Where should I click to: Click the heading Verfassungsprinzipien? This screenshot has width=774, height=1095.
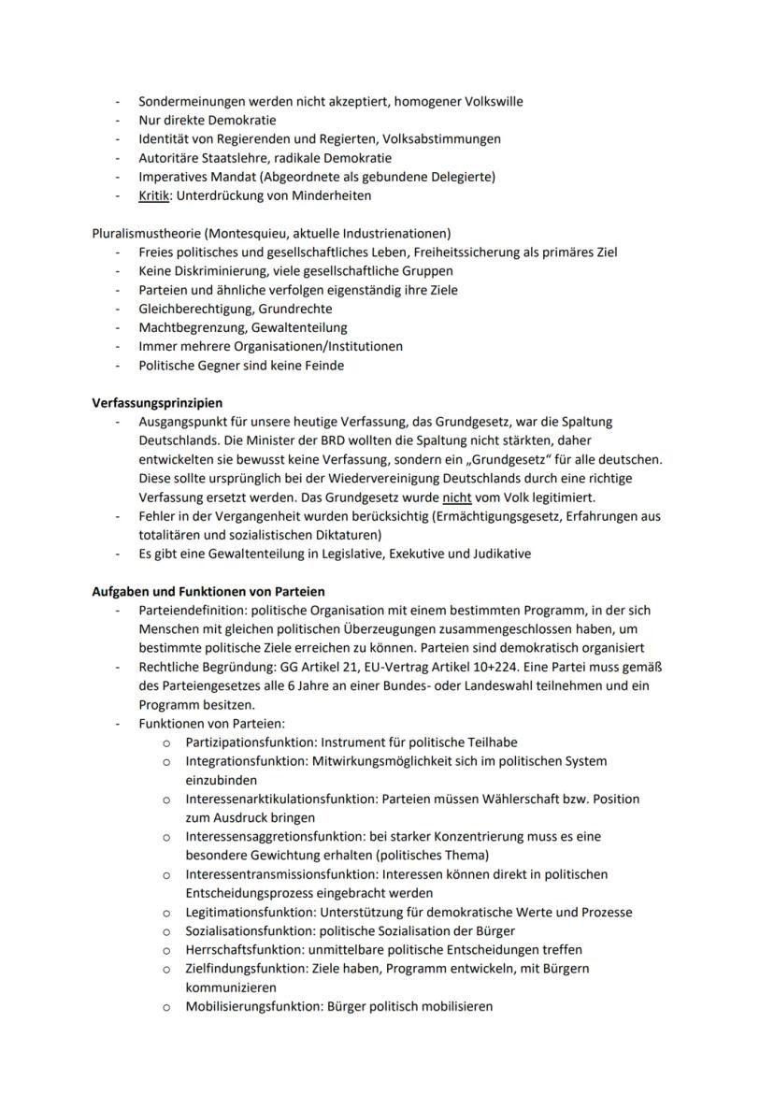[x=157, y=403]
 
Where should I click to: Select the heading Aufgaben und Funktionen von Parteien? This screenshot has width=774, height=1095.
[x=208, y=591]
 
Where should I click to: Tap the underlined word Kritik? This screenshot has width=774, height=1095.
[x=154, y=195]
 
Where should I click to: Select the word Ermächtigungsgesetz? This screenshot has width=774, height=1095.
[x=503, y=516]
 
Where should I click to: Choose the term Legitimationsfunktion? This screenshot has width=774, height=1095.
[x=250, y=912]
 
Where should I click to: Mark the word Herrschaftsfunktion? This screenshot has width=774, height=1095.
[x=245, y=949]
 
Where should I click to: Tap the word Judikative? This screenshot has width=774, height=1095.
[x=500, y=554]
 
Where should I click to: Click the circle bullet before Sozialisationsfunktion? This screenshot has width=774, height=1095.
[x=165, y=931]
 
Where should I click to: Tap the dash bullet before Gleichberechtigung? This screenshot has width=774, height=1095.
[x=118, y=309]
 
